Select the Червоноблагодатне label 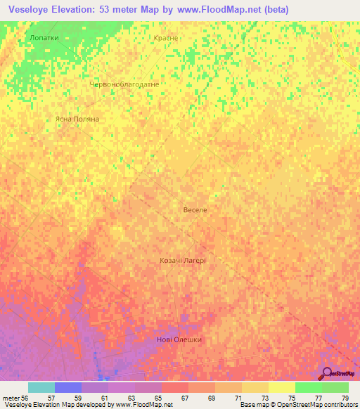[x=124, y=84]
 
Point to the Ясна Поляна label [x=77, y=119]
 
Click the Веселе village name [x=195, y=210]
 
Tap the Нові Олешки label [x=179, y=340]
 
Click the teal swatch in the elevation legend [x=41, y=387]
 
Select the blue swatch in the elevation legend [x=67, y=387]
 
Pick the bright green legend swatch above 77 [x=308, y=387]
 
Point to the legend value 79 [x=345, y=398]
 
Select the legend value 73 [x=264, y=398]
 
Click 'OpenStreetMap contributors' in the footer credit [x=313, y=405]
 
